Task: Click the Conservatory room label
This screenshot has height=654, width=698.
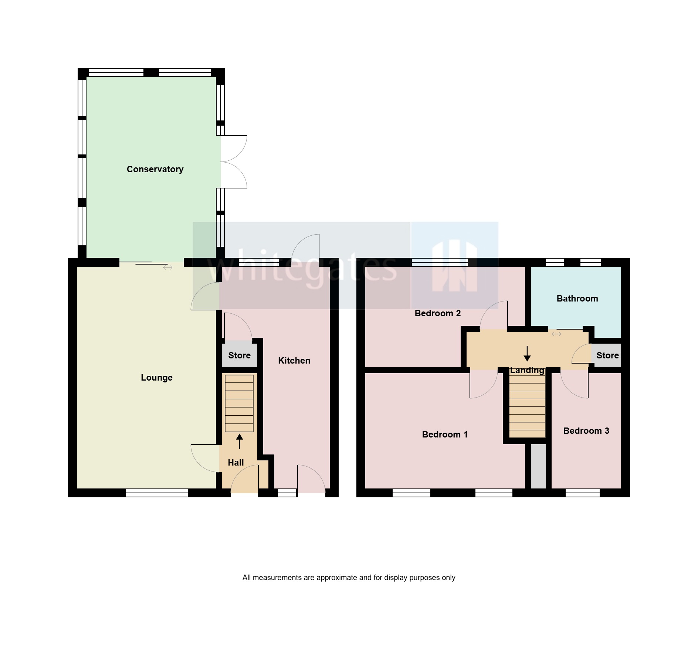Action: click(155, 169)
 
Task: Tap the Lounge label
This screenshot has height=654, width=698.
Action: click(156, 378)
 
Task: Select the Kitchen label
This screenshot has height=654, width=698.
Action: click(294, 361)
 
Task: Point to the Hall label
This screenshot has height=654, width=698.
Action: click(236, 463)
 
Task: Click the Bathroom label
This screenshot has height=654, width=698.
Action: click(577, 299)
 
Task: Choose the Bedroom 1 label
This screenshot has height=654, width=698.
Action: click(445, 435)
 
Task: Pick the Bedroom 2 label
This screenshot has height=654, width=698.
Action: click(437, 313)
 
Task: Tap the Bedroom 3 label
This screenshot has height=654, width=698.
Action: click(586, 431)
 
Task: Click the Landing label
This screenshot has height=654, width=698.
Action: click(527, 370)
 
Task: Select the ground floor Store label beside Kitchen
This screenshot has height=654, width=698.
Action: click(239, 355)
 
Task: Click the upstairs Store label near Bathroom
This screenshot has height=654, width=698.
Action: click(607, 355)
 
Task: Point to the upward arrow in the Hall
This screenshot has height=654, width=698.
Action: click(240, 442)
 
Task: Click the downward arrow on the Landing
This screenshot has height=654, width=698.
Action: click(527, 354)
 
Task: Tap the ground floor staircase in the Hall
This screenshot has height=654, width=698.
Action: click(239, 403)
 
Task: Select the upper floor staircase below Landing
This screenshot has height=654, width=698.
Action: click(527, 406)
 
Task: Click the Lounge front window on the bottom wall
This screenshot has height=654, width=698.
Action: click(157, 493)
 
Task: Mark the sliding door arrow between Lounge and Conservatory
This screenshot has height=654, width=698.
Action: click(167, 268)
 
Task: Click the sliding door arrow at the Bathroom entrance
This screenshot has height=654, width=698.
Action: click(556, 334)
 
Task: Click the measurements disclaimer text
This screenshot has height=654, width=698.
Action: click(349, 578)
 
